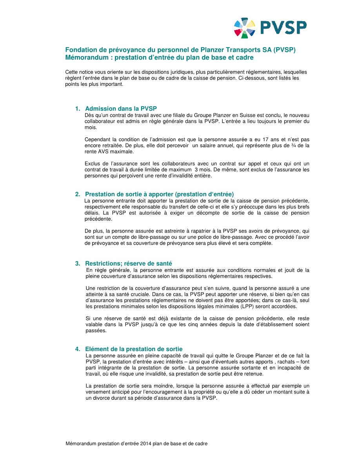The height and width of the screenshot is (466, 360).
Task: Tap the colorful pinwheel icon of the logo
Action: coord(245,28)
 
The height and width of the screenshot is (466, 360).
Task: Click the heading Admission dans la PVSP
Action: coord(121,109)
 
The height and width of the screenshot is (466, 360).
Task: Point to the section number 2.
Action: coord(77,194)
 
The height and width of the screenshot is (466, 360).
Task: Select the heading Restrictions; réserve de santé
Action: coord(128,264)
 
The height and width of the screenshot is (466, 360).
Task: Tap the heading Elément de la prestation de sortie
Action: coord(134,349)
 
